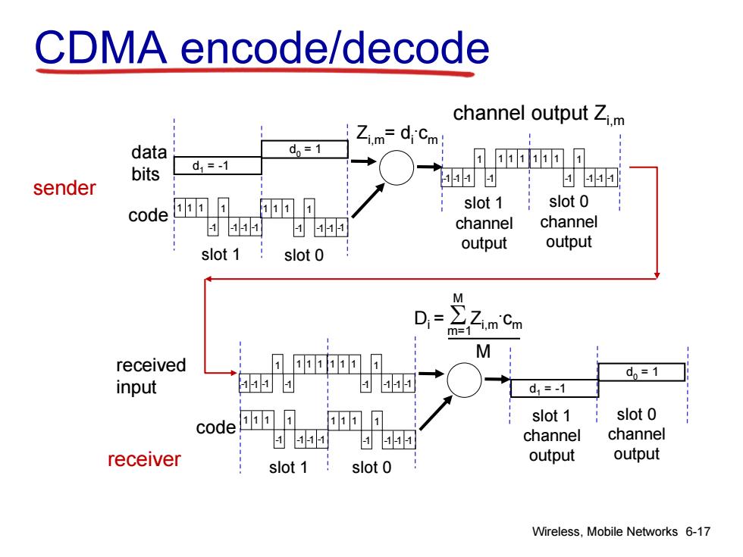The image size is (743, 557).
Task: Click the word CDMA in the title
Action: (x=100, y=47)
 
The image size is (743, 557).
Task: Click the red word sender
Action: (x=64, y=188)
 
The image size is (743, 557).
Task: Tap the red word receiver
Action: (x=144, y=459)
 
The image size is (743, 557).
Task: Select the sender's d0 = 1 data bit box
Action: (x=305, y=149)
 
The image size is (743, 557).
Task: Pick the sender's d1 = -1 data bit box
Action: (x=218, y=166)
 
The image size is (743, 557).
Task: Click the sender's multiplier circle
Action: (x=397, y=167)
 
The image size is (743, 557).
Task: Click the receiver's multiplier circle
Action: (x=464, y=380)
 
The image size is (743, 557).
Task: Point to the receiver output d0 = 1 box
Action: (x=641, y=372)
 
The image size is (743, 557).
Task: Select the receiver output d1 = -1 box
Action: (x=554, y=388)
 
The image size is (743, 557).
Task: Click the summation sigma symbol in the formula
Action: (x=458, y=315)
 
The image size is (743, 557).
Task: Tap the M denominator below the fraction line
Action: (x=483, y=352)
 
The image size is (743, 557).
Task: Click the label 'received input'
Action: (x=151, y=376)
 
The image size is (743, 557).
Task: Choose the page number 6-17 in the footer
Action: (x=698, y=531)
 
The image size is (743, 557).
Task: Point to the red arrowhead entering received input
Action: (x=234, y=373)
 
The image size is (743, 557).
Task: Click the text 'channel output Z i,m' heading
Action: (x=539, y=115)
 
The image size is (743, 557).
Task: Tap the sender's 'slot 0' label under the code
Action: (x=304, y=255)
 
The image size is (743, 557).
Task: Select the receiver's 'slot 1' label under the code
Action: (x=288, y=468)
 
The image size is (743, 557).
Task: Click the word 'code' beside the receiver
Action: (x=215, y=427)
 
